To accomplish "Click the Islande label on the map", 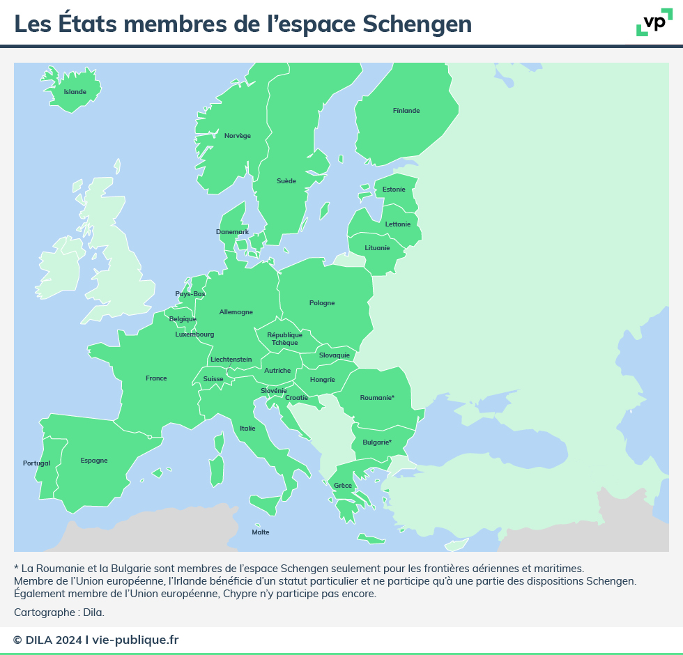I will (x=75, y=92).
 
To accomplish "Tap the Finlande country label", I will (x=406, y=111).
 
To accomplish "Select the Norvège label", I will (x=238, y=136).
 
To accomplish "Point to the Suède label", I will (x=286, y=181).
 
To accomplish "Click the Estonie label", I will (x=394, y=190).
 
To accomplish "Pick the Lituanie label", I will (x=378, y=248).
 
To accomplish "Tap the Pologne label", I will (x=322, y=303).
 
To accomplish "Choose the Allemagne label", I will (x=236, y=312).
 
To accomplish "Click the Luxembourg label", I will (x=194, y=334).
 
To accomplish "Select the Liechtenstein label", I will (x=231, y=360).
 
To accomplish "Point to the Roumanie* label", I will (x=377, y=398).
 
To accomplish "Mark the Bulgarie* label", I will (x=377, y=442).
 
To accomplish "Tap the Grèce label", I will (x=343, y=486).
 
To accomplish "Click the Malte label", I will (x=260, y=532).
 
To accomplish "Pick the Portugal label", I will (x=36, y=463).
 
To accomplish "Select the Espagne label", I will (x=94, y=461).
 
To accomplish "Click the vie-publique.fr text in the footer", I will (x=135, y=640).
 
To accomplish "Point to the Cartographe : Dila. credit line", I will (x=59, y=612).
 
